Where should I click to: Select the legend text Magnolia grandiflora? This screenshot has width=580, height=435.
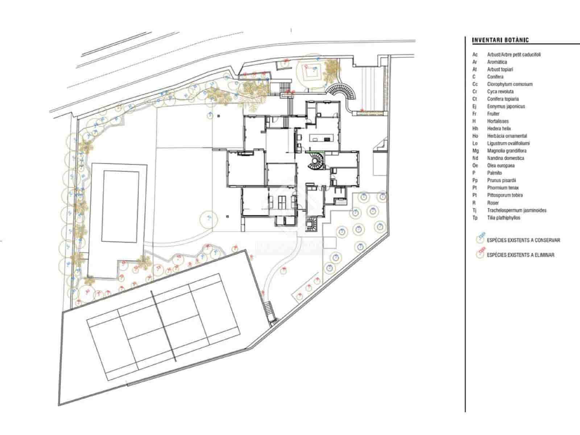[x=507, y=151]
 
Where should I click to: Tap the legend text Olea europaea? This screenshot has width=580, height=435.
[x=501, y=166]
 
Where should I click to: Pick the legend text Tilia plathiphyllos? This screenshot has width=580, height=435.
[x=504, y=218]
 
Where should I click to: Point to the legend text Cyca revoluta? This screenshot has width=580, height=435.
[x=500, y=91]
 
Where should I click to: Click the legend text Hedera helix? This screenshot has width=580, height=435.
[x=499, y=128]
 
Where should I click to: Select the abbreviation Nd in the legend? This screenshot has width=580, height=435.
[x=475, y=158]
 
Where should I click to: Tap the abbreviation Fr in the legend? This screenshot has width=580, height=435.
[x=475, y=114]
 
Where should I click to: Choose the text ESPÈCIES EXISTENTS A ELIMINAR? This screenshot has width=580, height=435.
[x=521, y=255]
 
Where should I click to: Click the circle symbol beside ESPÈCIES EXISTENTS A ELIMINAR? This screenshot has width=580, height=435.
[x=481, y=254]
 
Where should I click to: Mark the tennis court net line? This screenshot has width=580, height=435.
[x=163, y=326]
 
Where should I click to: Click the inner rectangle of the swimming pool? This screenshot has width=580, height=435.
[x=121, y=207]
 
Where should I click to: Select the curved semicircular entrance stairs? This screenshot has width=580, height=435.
[x=343, y=91]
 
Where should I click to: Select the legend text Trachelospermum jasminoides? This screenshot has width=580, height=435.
[x=517, y=210]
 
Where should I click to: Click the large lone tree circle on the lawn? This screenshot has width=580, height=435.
[x=208, y=218]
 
